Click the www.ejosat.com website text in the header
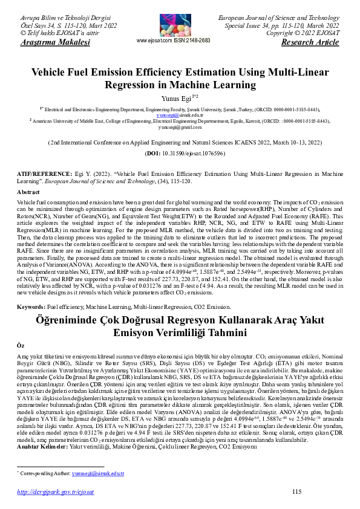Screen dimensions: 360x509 click(x=156, y=41)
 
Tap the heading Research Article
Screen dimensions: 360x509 click(x=310, y=43)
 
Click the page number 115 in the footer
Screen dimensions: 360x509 click(x=296, y=493)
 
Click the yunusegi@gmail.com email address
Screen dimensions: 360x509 click(x=180, y=128)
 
